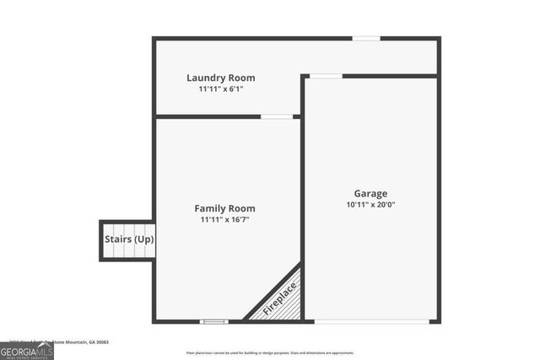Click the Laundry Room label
click(x=220, y=78)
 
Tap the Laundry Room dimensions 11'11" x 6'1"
click(x=220, y=89)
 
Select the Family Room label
click(x=224, y=208)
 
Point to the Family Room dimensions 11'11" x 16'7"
click(x=224, y=219)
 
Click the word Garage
click(x=370, y=193)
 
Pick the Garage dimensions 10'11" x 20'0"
click(x=370, y=204)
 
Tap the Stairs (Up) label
click(x=128, y=239)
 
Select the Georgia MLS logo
click(x=27, y=351)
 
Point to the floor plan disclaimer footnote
click(x=270, y=352)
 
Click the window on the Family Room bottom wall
click(x=213, y=321)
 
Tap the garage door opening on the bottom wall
click(x=370, y=321)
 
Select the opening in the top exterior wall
click(x=365, y=38)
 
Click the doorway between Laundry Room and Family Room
click(x=276, y=116)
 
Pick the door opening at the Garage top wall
click(x=326, y=76)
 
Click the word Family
click(x=209, y=208)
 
